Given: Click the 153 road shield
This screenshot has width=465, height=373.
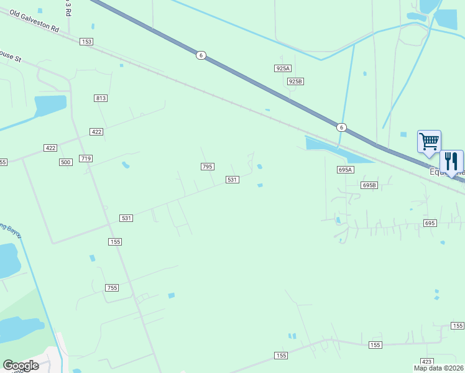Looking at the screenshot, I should point(86,42).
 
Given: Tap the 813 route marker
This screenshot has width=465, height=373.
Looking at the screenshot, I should point(101,98).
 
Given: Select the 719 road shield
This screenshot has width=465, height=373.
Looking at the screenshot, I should point(86,159).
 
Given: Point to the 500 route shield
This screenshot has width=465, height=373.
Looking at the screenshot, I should point(66,162).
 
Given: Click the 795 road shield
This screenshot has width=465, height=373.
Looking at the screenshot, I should point(208,167).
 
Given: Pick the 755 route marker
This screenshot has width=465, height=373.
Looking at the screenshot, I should point(112,288).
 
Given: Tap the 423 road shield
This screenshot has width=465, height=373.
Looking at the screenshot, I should point(426,361).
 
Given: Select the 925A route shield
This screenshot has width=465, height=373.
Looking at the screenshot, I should point(283,68).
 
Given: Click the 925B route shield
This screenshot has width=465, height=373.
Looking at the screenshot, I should point(295,81).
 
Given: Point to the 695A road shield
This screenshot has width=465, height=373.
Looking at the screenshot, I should point(346,170).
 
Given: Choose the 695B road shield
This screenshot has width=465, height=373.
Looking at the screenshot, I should point(369,185).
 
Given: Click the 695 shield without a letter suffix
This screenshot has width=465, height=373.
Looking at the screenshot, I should point(430,223).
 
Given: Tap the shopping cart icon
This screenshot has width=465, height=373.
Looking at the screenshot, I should point(429,142).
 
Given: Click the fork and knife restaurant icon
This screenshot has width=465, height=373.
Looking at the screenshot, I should point(451,161).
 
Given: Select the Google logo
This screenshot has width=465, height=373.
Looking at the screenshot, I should point(21,366).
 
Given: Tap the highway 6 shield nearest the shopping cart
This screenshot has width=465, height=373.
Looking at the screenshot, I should point(341,127).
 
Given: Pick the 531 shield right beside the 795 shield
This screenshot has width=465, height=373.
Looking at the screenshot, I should point(232,180).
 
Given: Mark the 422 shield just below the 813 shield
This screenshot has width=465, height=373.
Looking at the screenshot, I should point(96,132).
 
